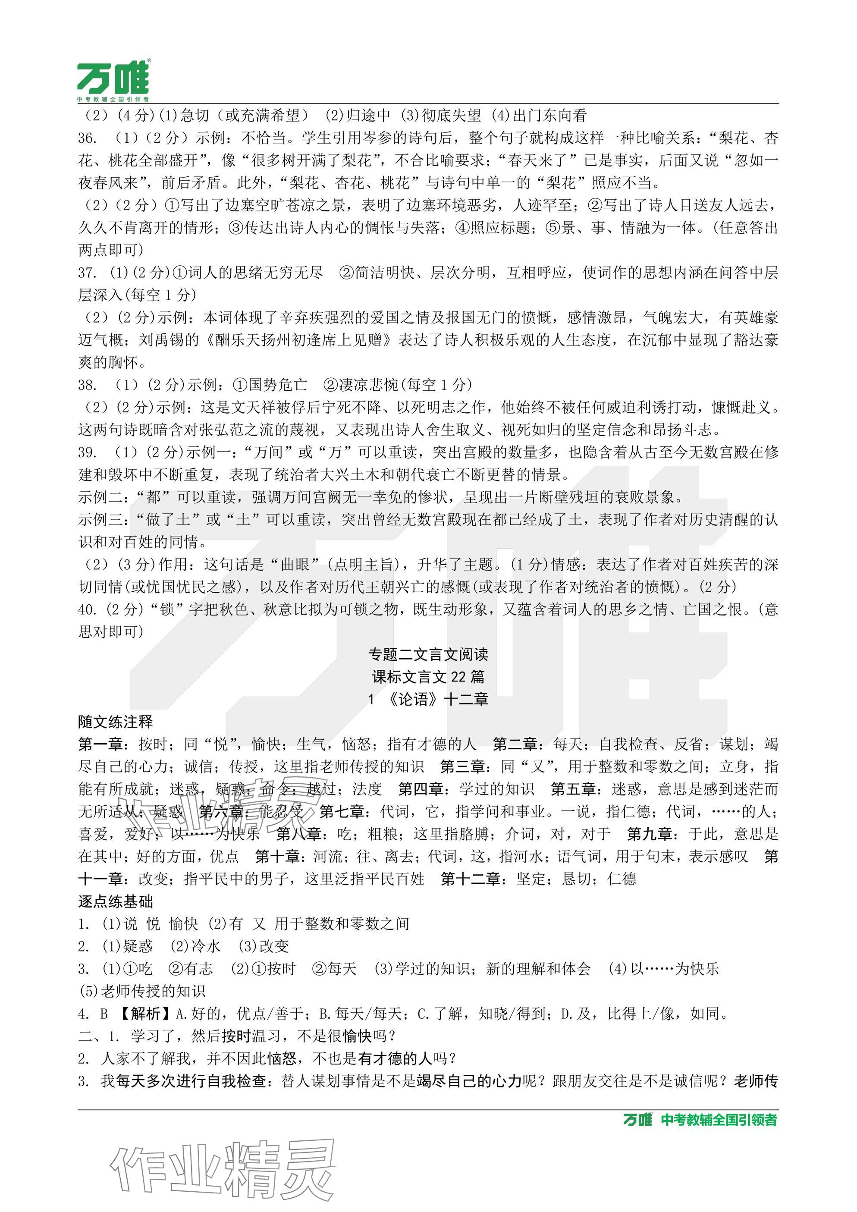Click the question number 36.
pyautogui.click(x=87, y=138)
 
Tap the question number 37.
pyautogui.click(x=87, y=273)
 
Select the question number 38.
pyautogui.click(x=87, y=385)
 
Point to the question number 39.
pyautogui.click(x=87, y=452)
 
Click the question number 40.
pyautogui.click(x=87, y=610)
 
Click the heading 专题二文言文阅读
pyautogui.click(x=428, y=655)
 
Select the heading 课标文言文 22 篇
pyautogui.click(x=428, y=677)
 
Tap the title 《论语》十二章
pyautogui.click(x=437, y=700)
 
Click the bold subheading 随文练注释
pyautogui.click(x=116, y=722)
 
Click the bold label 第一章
pyautogui.click(x=100, y=744)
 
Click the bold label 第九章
pyautogui.click(x=649, y=834)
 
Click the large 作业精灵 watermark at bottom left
pyautogui.click(x=222, y=1168)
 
